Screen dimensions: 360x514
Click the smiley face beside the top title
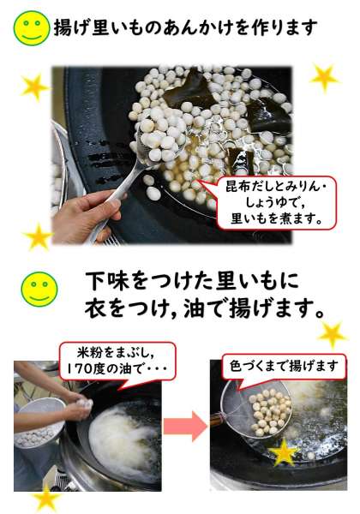(32, 28)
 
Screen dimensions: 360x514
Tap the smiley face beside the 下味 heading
(39, 290)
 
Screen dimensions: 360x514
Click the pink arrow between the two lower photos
(185, 426)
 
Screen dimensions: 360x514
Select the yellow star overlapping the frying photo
(284, 452)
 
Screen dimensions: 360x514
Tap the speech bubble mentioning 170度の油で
(117, 362)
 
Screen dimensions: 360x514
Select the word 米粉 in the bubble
(88, 352)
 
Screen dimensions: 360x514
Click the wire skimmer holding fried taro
(257, 408)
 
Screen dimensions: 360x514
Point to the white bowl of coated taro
(39, 423)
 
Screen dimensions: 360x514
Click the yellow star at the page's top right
(324, 78)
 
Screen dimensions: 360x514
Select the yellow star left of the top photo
(34, 87)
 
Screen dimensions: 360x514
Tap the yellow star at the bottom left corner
(47, 499)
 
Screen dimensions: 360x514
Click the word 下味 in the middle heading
(107, 281)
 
